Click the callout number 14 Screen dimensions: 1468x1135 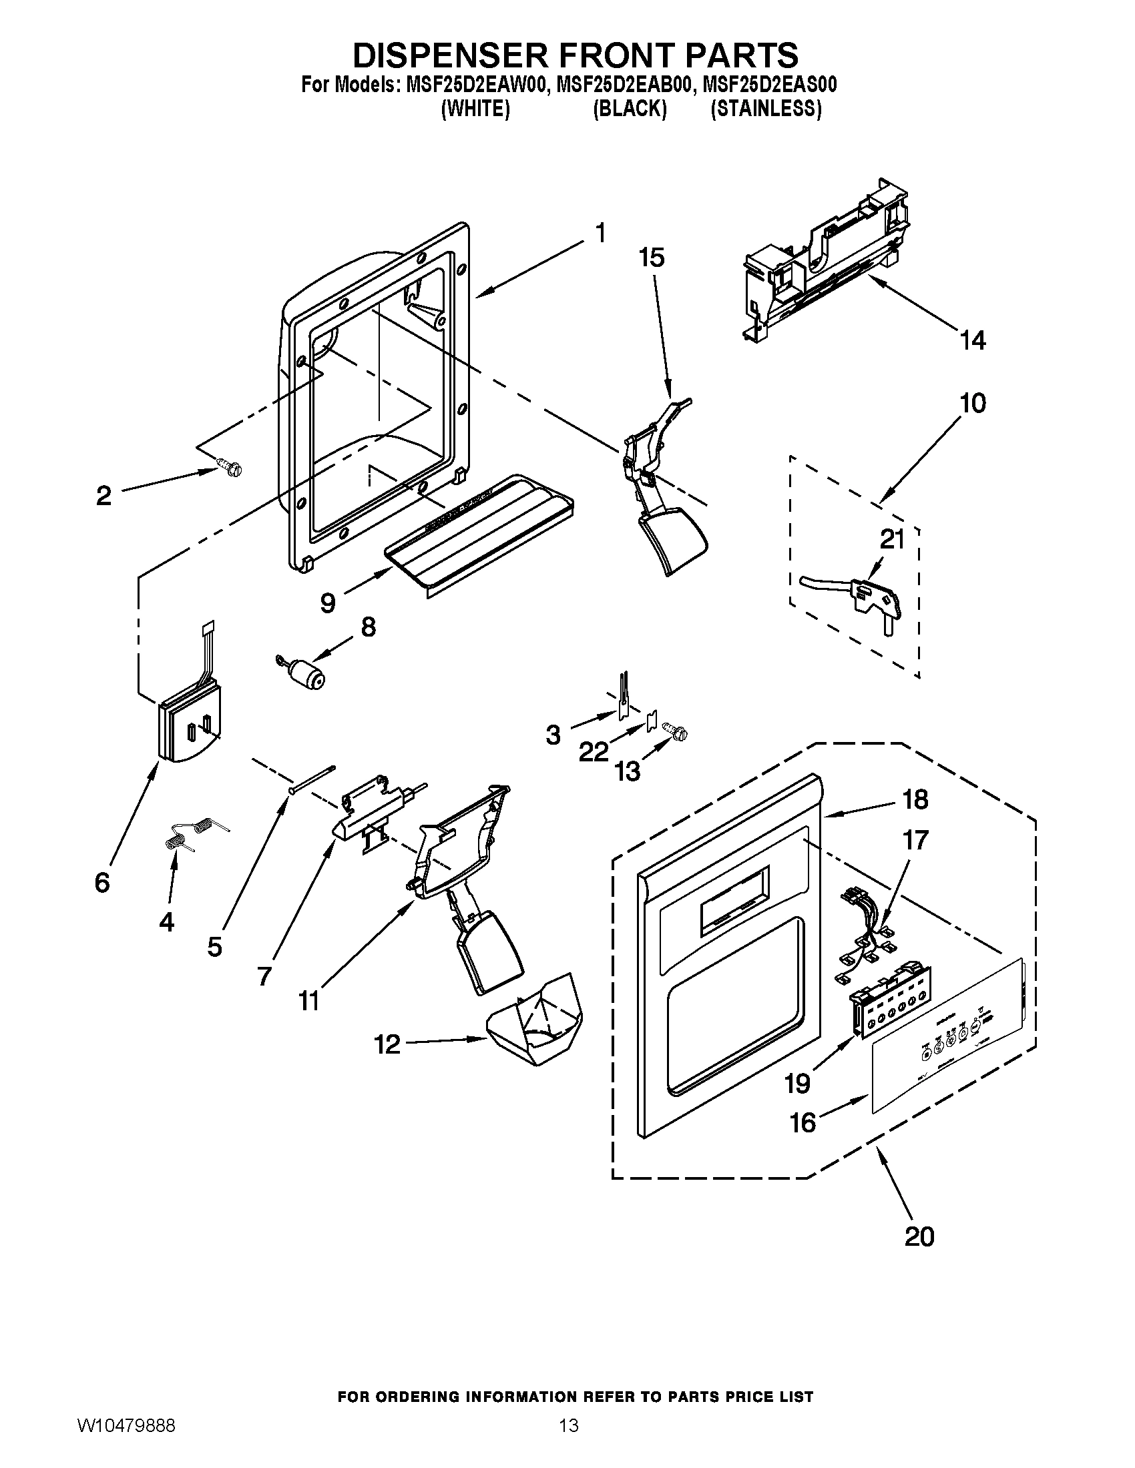coord(973,340)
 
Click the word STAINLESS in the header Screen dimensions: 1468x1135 coord(766,109)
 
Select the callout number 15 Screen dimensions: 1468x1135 coord(652,257)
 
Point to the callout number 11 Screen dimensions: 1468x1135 coord(308,1020)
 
